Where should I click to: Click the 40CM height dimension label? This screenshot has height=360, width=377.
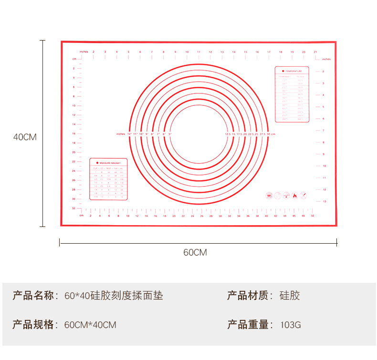25,137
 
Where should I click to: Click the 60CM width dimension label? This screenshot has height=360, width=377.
195,252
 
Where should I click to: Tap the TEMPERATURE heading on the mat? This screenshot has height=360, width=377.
293,71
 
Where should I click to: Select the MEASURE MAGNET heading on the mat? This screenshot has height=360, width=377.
110,163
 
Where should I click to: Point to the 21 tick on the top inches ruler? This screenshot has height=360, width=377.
315,51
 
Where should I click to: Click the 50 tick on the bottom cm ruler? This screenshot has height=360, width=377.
313,216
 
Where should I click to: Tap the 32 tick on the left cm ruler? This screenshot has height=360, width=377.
73,208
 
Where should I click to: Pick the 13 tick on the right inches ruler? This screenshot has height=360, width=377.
325,201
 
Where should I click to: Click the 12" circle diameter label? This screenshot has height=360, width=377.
129,134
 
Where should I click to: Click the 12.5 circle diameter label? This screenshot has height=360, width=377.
228,134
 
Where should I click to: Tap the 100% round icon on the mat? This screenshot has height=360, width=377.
269,195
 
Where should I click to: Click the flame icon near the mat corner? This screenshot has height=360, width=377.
294,195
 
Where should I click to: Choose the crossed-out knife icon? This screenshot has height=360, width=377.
303,195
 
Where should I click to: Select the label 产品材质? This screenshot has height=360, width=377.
248,296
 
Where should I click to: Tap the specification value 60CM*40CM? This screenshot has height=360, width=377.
90,325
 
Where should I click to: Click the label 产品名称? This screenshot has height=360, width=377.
33,296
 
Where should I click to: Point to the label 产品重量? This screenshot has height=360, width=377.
248,325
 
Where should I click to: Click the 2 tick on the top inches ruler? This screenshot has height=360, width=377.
93,51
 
